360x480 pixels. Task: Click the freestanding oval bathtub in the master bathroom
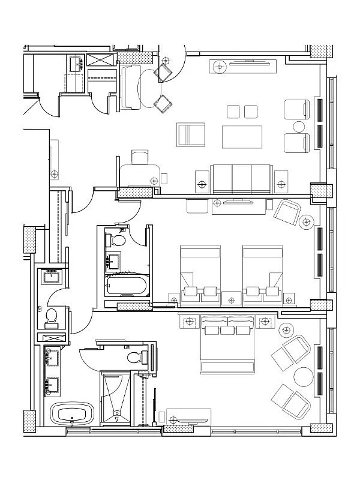(70, 413)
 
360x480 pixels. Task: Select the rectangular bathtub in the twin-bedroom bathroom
(125, 286)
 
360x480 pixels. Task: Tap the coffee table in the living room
(242, 136)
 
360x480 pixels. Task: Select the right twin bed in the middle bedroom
(262, 270)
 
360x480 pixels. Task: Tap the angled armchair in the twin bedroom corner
(287, 211)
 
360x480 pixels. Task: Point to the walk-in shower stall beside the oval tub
(118, 398)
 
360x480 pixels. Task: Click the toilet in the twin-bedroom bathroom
(118, 241)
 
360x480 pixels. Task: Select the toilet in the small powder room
(52, 314)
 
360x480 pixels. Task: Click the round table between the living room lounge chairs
(299, 127)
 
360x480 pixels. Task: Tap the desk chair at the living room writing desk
(139, 157)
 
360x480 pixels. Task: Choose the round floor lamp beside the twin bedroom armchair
(307, 221)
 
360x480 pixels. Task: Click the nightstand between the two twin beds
(230, 297)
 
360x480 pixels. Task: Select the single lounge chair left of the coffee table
(191, 134)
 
